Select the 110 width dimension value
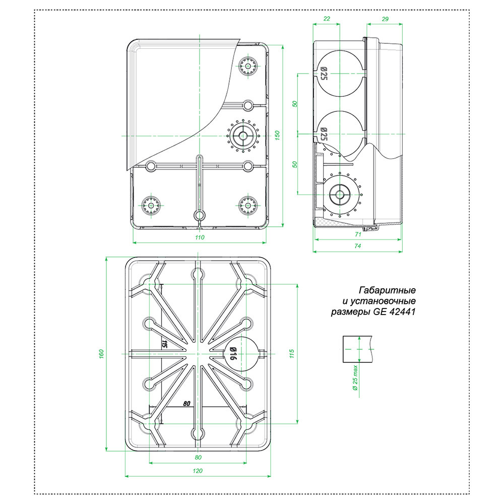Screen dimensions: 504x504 (200, 237)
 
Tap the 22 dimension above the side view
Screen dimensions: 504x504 (327, 18)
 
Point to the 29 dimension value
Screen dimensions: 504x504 (385, 18)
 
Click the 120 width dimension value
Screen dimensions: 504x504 (198, 471)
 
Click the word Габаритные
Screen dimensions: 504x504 (387, 291)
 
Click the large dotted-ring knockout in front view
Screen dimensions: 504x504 (243, 136)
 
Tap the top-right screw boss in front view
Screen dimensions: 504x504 (248, 67)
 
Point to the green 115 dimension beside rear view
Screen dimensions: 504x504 (291, 354)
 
